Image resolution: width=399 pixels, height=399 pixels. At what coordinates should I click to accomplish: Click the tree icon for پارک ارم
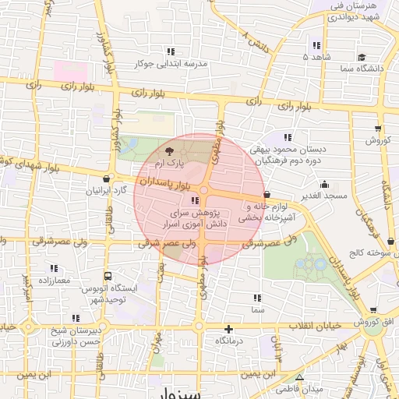pyautogui.click(x=169, y=151)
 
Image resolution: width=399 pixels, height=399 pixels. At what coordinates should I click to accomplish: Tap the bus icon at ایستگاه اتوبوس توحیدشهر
pyautogui.click(x=107, y=275)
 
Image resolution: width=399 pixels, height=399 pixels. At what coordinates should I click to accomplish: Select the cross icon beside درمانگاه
pyautogui.click(x=228, y=329)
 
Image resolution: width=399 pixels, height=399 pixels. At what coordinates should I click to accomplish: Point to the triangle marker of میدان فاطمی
pyautogui.click(x=299, y=377)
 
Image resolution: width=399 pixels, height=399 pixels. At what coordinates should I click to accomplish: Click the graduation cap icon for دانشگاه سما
pyautogui.click(x=362, y=57)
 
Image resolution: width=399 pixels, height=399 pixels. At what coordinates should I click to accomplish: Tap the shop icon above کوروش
pyautogui.click(x=378, y=129)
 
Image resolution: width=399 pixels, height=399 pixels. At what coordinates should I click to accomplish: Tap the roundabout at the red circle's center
pyautogui.click(x=203, y=190)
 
